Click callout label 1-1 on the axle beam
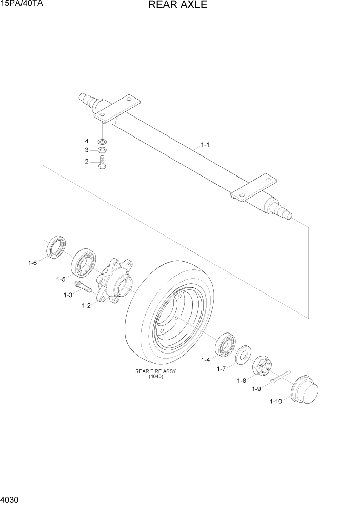click(x=205, y=145)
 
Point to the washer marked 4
click(x=102, y=141)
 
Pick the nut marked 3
click(x=102, y=150)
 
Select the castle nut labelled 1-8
click(x=262, y=367)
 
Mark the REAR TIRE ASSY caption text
click(x=155, y=371)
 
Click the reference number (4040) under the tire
click(x=155, y=377)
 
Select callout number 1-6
click(x=32, y=263)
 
